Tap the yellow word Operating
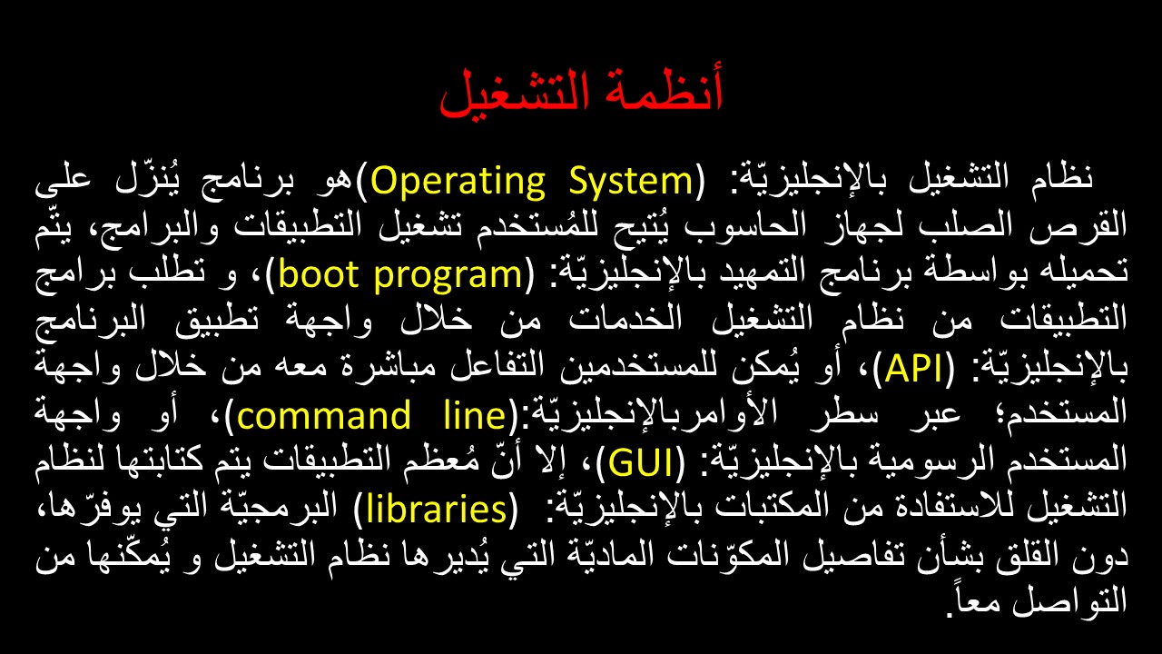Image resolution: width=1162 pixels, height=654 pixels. (458, 182)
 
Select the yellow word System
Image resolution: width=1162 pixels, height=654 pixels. (631, 182)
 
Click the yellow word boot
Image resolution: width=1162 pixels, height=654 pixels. (319, 273)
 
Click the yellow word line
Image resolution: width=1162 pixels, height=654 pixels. (475, 415)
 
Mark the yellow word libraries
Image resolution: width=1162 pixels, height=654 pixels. (437, 508)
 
